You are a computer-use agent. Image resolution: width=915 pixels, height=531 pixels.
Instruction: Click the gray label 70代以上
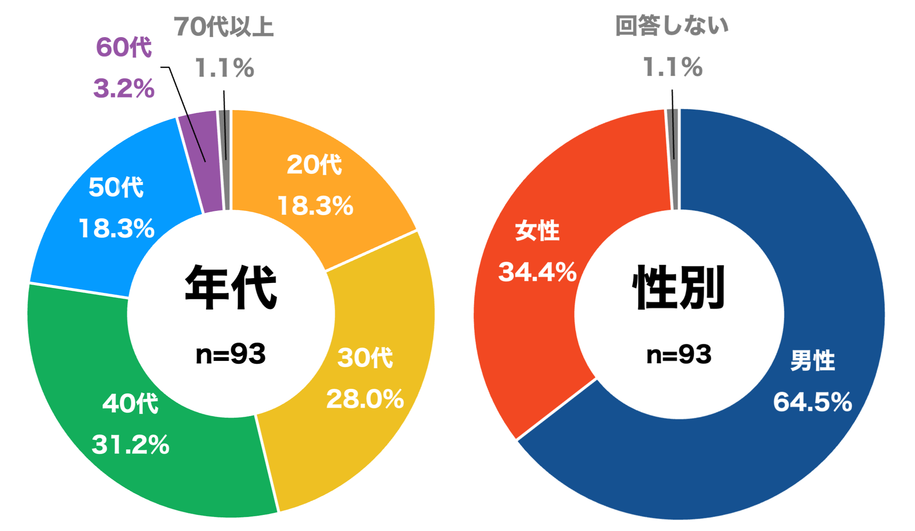[x=224, y=27]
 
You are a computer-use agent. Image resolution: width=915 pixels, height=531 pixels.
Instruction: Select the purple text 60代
[x=124, y=47]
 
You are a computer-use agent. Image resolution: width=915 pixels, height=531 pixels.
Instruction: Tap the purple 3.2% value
[x=124, y=88]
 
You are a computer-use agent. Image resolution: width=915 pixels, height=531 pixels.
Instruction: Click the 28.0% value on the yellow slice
[x=365, y=399]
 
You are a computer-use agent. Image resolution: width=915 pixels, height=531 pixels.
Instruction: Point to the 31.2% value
[x=130, y=444]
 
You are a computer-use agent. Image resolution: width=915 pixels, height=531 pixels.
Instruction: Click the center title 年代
[x=231, y=287]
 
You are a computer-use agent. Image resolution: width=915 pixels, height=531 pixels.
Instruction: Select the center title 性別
[x=679, y=287]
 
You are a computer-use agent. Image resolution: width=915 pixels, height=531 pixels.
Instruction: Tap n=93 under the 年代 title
[x=231, y=354]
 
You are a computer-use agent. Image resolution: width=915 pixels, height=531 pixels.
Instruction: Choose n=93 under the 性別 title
[x=679, y=354]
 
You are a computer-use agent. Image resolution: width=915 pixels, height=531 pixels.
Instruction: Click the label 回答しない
[x=672, y=26]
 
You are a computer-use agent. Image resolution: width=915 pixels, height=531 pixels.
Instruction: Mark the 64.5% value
[x=812, y=402]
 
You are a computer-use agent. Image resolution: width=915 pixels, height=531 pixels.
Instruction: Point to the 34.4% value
[x=537, y=272]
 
